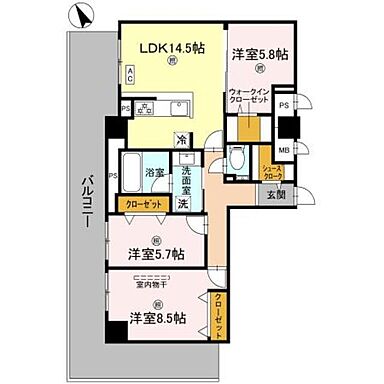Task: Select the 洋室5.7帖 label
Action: tap(155, 254)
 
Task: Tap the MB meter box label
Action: tap(284, 151)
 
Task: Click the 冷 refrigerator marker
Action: tap(182, 139)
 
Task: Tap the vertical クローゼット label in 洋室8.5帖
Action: tap(218, 316)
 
